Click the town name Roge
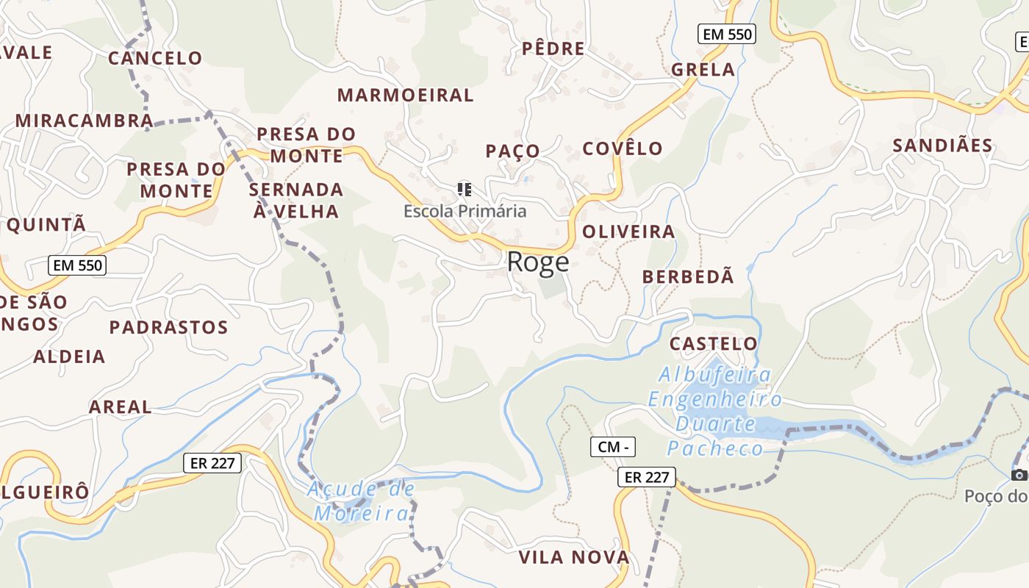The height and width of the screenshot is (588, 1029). [538, 262]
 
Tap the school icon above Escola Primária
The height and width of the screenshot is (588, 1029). [464, 190]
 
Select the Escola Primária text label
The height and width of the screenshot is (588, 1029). [465, 211]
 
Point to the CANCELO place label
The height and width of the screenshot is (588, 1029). [155, 58]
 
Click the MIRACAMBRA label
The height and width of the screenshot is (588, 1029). [84, 121]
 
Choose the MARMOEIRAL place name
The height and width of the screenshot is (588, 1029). [405, 95]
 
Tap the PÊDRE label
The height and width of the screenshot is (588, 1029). [553, 49]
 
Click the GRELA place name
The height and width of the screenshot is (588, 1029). [703, 70]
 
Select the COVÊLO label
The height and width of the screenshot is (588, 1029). [623, 148]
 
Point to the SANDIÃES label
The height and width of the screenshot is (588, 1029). [942, 146]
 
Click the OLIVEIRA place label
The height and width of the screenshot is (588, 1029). [628, 232]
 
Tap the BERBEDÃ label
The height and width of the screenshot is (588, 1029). [688, 277]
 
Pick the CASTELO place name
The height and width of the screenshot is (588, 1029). [713, 343]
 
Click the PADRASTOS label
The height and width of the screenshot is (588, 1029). [168, 327]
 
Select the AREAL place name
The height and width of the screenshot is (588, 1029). [120, 406]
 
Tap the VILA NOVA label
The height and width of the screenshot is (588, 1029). [574, 557]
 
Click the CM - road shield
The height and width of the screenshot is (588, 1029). [612, 446]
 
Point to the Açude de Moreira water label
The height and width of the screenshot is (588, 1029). [361, 501]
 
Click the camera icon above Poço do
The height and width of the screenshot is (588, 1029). [1019, 475]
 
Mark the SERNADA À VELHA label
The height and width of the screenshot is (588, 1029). [296, 201]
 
